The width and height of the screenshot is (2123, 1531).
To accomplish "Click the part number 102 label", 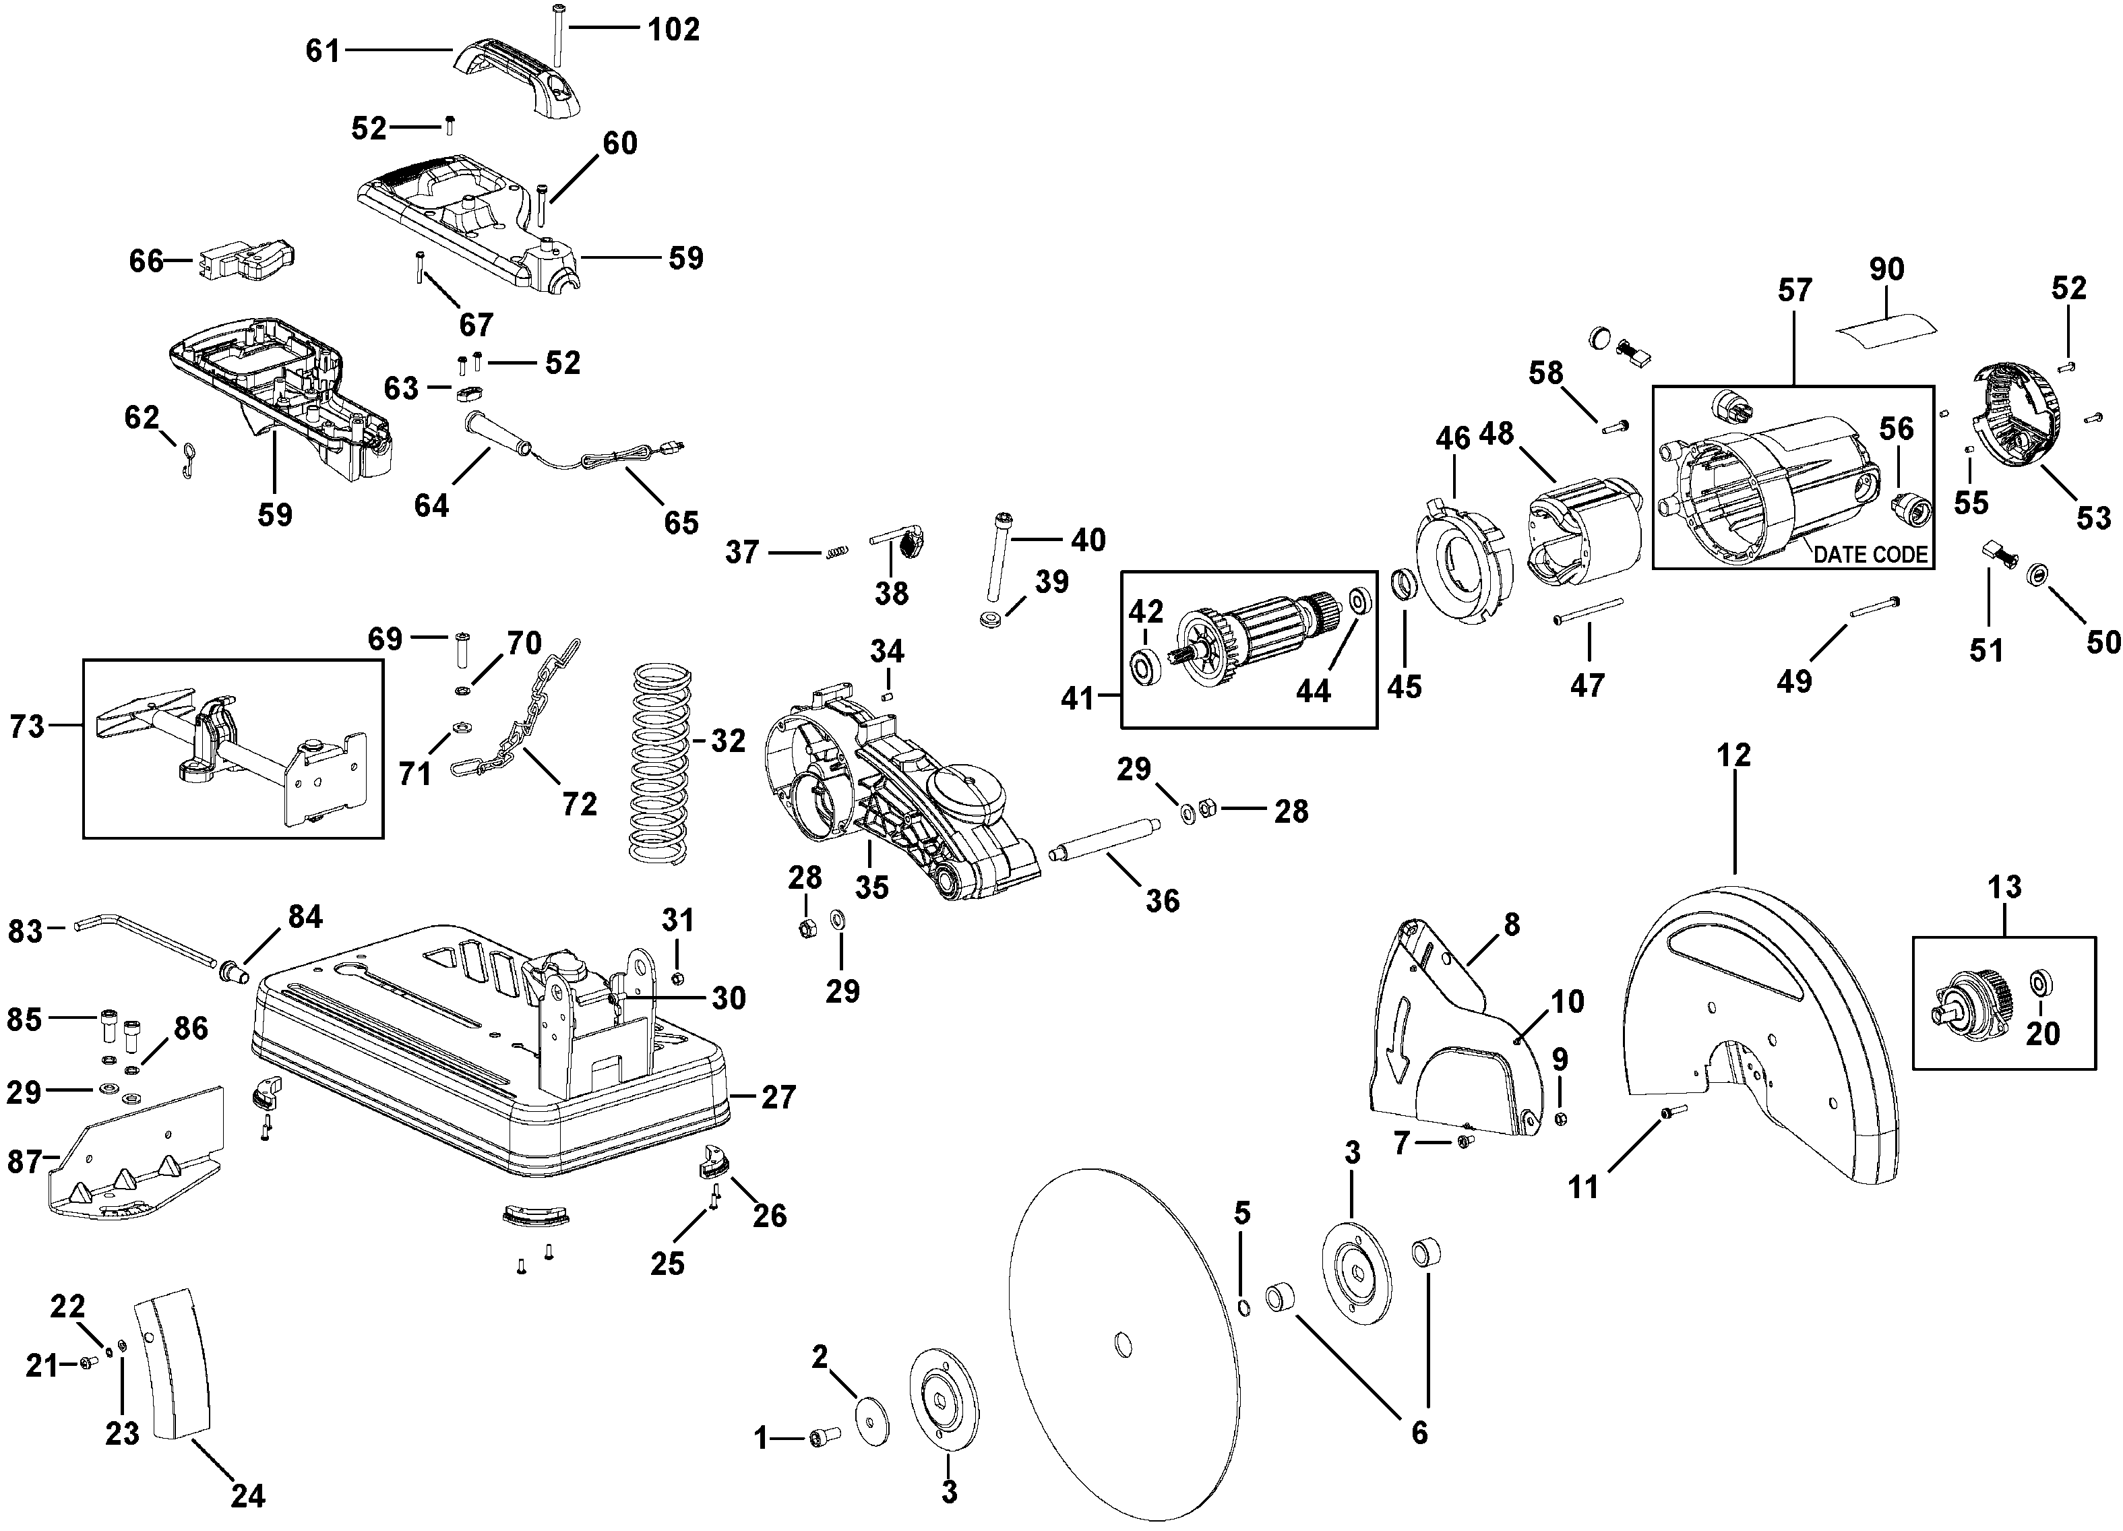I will point(674,30).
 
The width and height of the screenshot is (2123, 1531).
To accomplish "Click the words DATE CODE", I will point(1870,555).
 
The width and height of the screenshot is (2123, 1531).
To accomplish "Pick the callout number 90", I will point(1886,270).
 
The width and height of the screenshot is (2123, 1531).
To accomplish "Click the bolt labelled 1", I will point(824,1435).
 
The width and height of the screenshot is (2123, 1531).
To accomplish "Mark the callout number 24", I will point(248,1495).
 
